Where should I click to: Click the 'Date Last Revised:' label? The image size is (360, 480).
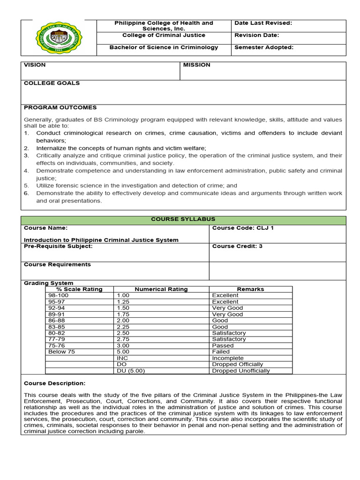pos(263,23)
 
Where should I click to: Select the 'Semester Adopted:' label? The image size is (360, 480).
pos(264,47)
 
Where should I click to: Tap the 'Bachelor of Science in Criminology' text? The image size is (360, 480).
pos(164,47)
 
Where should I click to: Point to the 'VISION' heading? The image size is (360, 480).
pos(35,65)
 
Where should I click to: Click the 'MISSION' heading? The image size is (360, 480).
pos(196,65)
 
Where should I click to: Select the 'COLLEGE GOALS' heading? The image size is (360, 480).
pos(52,83)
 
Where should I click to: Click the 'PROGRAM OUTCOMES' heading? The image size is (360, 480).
pos(60,108)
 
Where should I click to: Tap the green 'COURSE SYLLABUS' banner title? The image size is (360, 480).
pos(183,219)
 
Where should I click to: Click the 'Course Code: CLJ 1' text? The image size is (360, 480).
pos(243,228)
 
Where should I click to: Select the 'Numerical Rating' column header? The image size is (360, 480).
pos(161,289)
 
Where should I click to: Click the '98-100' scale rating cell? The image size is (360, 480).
pos(58,296)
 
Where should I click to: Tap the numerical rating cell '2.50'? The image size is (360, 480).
pos(123,333)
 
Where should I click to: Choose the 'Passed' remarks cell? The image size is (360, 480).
pos(223,345)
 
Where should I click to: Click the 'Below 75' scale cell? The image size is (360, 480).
pos(61,352)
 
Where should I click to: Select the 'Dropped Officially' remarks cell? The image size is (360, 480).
pos(237,364)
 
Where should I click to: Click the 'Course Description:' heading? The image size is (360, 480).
pos(54,383)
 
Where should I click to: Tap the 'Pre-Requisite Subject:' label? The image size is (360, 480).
pos(58,246)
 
